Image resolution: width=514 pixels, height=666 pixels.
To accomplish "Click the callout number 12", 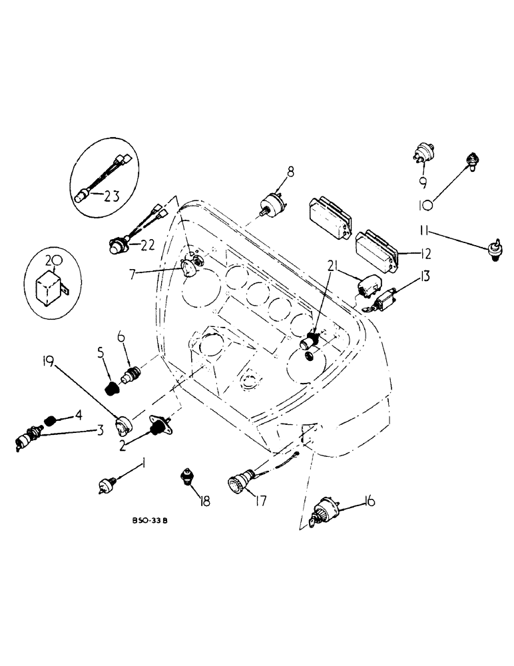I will pos(424,253).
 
